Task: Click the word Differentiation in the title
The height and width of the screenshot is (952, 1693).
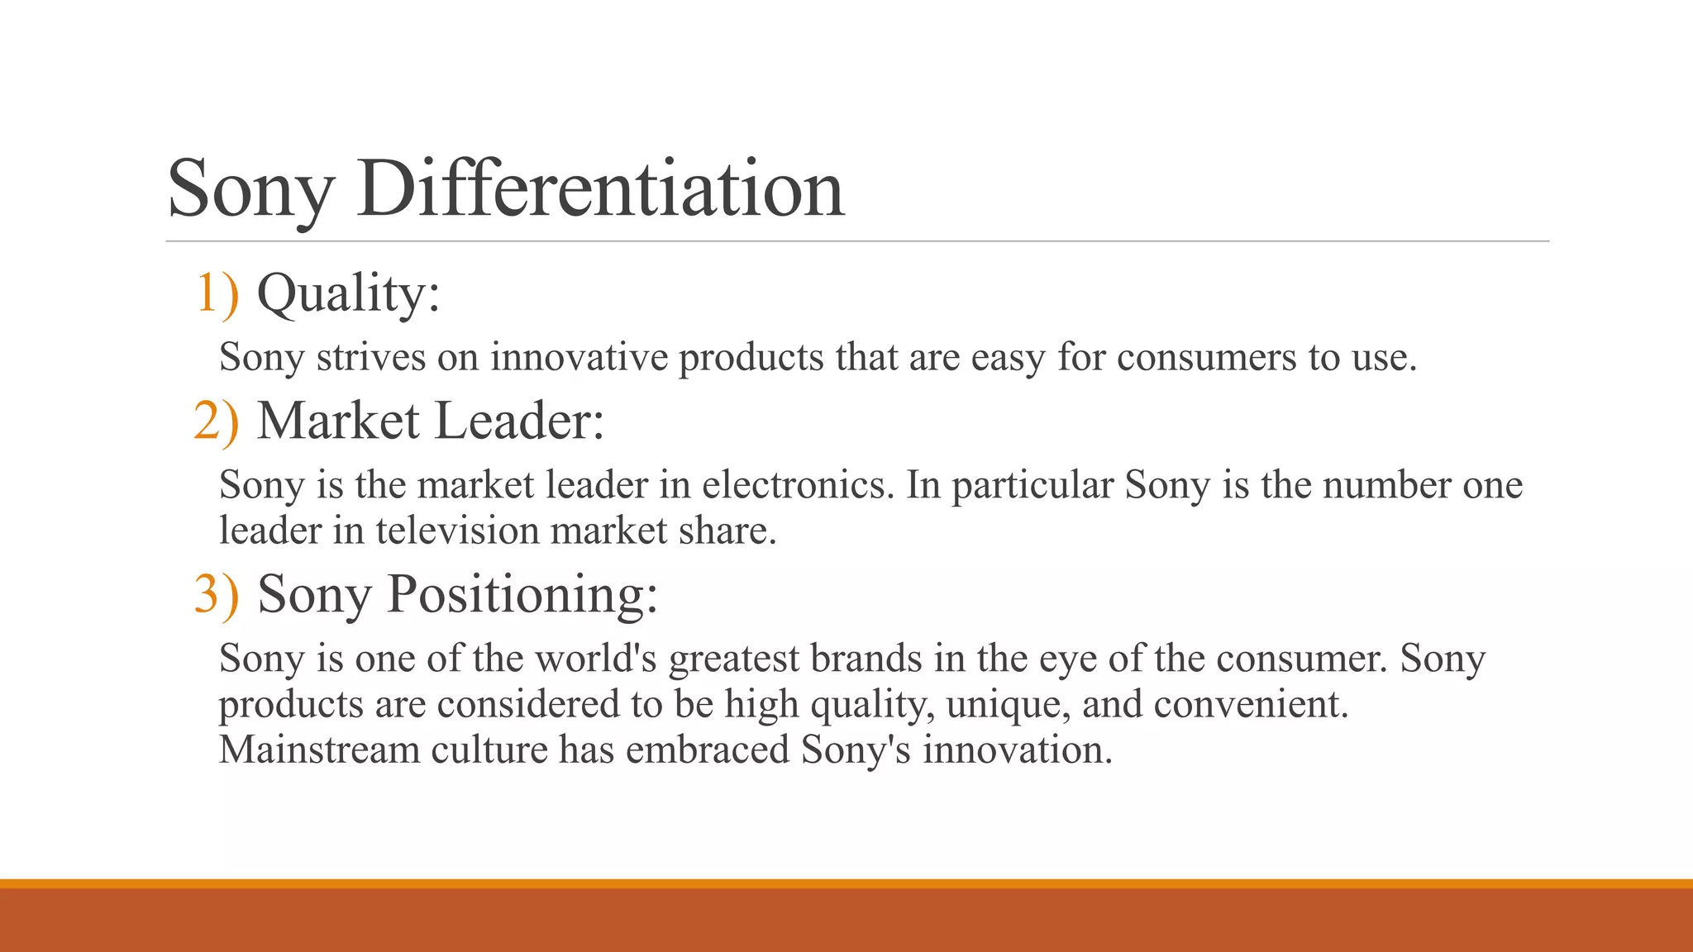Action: [x=601, y=188]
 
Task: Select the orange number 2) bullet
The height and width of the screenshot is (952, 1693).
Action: [x=217, y=420]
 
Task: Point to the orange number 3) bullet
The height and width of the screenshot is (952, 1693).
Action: [x=217, y=593]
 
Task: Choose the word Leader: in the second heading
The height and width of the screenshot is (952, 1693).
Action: [x=519, y=420]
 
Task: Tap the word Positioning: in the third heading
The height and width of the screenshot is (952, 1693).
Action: [x=522, y=593]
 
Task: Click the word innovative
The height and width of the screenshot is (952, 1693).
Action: [x=579, y=357]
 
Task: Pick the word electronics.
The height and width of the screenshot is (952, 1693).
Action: [x=799, y=484]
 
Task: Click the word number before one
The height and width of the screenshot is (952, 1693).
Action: [x=1386, y=484]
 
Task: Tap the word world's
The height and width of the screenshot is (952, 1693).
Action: [x=596, y=658]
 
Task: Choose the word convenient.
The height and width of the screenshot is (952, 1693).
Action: [x=1251, y=704]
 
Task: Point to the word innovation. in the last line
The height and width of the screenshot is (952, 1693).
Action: [x=1018, y=750]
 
